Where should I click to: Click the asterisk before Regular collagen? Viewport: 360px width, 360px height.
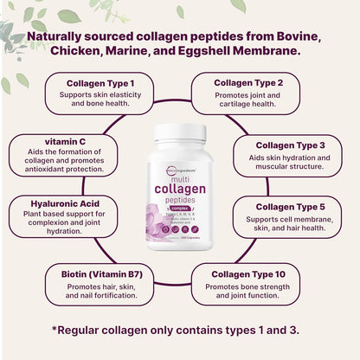[x=55, y=328]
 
